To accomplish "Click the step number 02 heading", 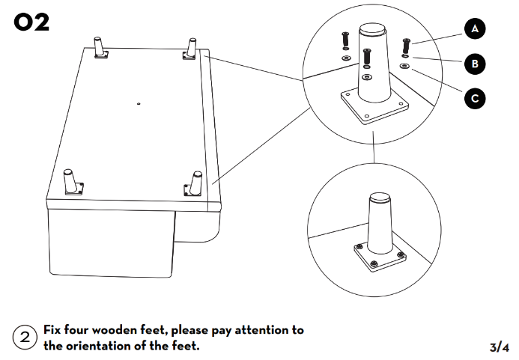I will tap(31, 22).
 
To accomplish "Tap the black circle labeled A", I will tap(474, 29).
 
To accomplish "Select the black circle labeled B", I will tap(474, 64).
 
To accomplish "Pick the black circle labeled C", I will tap(474, 97).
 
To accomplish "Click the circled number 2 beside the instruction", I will tap(25, 338).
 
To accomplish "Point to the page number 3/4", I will tap(499, 347).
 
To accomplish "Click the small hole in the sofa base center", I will tap(139, 103).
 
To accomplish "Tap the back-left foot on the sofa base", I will tap(98, 46).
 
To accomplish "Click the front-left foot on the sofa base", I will tap(72, 183).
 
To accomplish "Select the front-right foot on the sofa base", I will tap(196, 183).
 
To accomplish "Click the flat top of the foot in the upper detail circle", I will tap(374, 31).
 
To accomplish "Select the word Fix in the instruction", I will tap(52, 330).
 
